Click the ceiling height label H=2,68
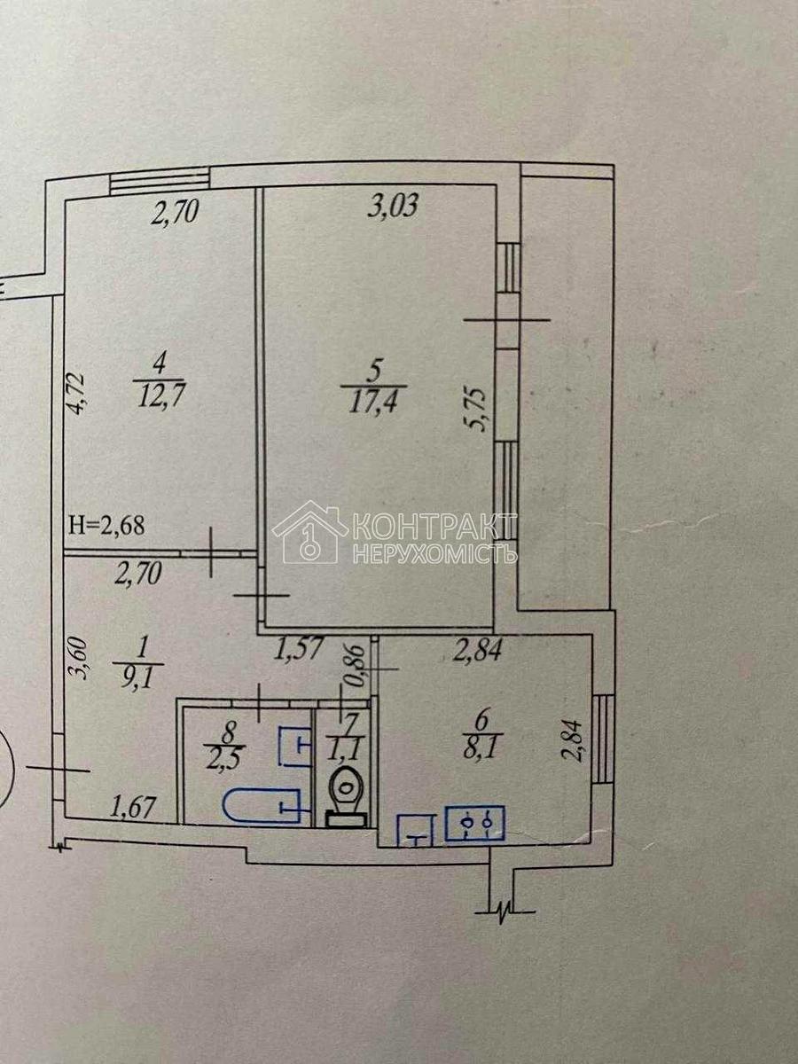[x=107, y=525]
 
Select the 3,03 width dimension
[x=392, y=206]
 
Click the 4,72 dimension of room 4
[x=77, y=394]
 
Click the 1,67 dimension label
[x=133, y=808]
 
